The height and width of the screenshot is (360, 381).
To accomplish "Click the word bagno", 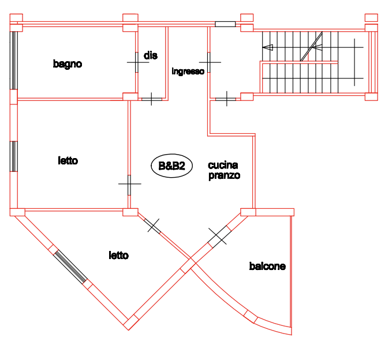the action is click(x=68, y=64).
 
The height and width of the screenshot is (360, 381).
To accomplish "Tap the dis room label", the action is click(x=151, y=55).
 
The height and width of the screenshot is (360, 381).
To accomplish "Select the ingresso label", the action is click(x=188, y=72).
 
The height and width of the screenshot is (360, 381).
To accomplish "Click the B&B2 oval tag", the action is click(x=172, y=166).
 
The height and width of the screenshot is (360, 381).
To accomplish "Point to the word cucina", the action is click(x=223, y=165).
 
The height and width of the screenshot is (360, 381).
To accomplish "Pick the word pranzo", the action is click(x=225, y=175).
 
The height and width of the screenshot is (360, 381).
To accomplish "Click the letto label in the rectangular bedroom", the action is click(x=68, y=160).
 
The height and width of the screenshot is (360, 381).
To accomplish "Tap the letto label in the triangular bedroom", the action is click(x=118, y=256).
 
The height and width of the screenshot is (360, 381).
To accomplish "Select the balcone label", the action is click(x=267, y=266).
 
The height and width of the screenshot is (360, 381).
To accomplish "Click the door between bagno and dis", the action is click(x=137, y=62).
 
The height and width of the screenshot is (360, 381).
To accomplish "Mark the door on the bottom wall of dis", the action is click(x=152, y=99).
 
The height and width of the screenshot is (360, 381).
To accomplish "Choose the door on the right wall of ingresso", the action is click(x=209, y=62).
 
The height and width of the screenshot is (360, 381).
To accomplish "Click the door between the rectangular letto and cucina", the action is click(x=129, y=185).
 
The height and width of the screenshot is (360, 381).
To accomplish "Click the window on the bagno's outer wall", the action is click(x=14, y=60).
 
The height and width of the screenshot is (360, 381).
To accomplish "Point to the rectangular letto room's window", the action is click(x=14, y=156).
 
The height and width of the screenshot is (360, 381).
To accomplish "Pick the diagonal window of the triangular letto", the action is click(x=70, y=267).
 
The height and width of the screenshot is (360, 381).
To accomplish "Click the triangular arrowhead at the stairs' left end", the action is click(x=268, y=47).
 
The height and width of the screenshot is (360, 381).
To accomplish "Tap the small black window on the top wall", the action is click(x=225, y=24).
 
